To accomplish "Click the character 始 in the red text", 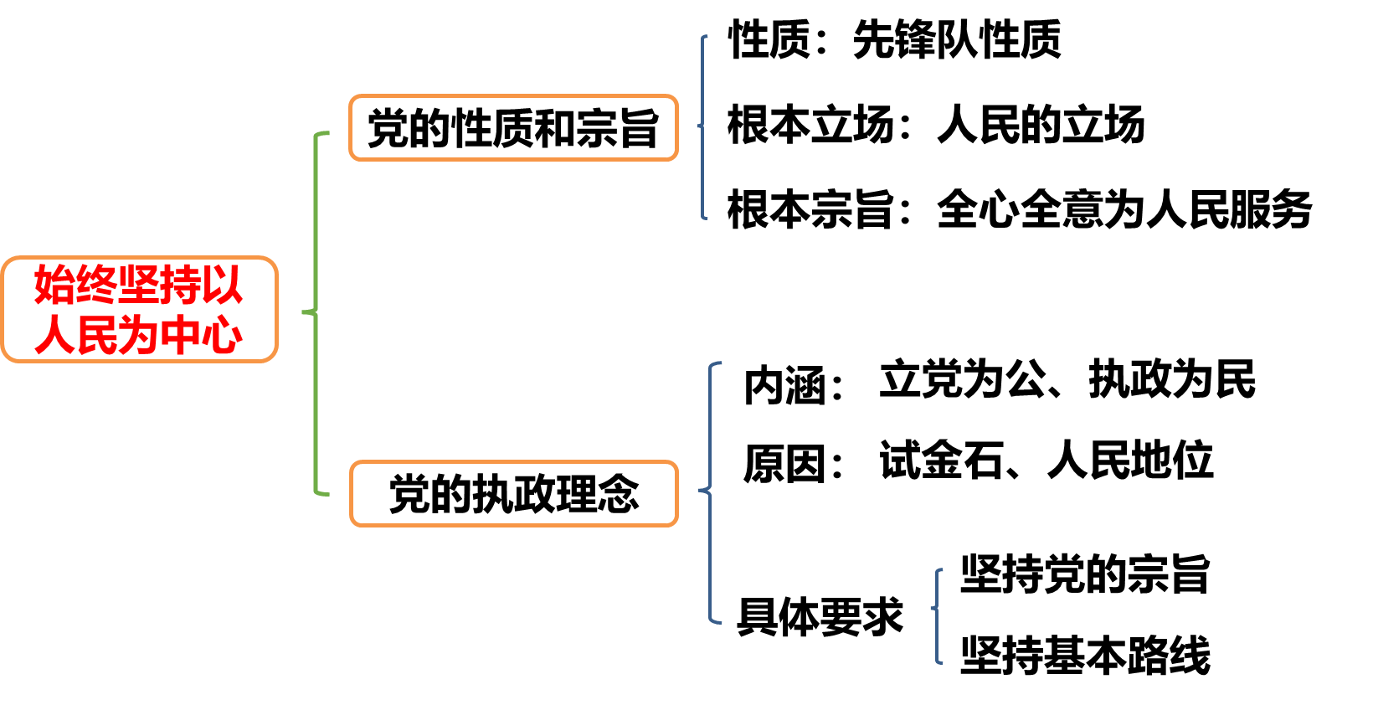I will coord(54,286).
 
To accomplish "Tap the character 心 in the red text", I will coord(222,336).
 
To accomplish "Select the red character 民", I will coord(96,336).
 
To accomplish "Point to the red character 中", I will coord(180,336).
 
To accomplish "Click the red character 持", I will coord(180,286).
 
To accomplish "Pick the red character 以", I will coord(222,286).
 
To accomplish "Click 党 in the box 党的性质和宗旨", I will coord(388,129).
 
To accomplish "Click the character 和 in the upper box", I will coord(554,129).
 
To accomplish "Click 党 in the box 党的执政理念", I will coord(410,494).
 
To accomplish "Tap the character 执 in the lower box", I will coord(493,494).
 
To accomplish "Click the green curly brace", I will coord(316,312).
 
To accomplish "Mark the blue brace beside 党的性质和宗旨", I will coord(702,127).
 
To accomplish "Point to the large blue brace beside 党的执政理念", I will coord(711,492).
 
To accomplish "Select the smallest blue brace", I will coord(938,615).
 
